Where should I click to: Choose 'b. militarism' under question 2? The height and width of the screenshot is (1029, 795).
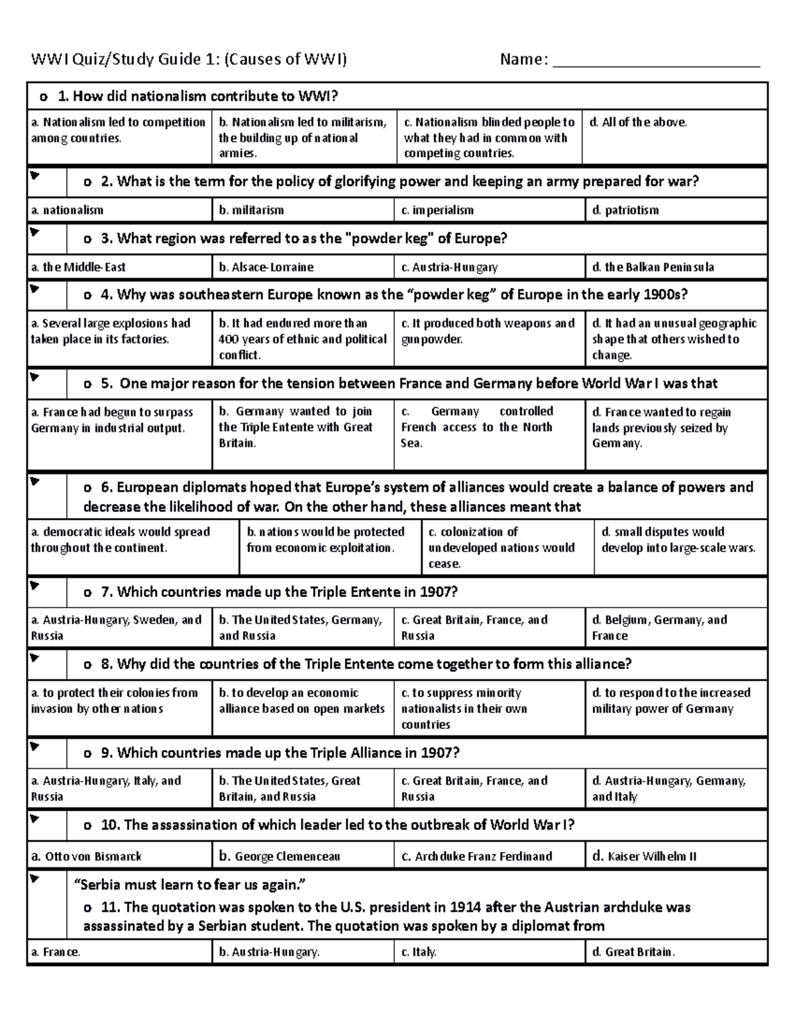coord(251,211)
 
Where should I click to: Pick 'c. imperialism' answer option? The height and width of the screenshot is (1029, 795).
coord(437,211)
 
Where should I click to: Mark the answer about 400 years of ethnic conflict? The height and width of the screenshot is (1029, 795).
coord(302,339)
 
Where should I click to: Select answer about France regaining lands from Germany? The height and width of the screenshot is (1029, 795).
coord(661,427)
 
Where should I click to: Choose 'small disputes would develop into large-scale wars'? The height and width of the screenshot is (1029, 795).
coord(678,540)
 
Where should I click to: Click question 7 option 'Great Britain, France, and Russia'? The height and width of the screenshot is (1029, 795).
coord(474,627)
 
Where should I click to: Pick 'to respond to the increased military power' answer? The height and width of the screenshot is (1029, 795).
coord(670,700)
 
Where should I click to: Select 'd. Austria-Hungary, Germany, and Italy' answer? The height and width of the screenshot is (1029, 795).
coord(668,788)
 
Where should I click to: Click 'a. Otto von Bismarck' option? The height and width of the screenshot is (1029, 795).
coord(87,856)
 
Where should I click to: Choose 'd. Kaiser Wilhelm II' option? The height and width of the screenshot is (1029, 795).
coord(644,856)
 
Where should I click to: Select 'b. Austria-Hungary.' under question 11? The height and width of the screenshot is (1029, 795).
coord(269,952)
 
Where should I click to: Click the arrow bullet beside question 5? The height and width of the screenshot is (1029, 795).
coord(34,378)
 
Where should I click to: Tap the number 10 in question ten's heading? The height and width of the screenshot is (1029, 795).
coord(109,826)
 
